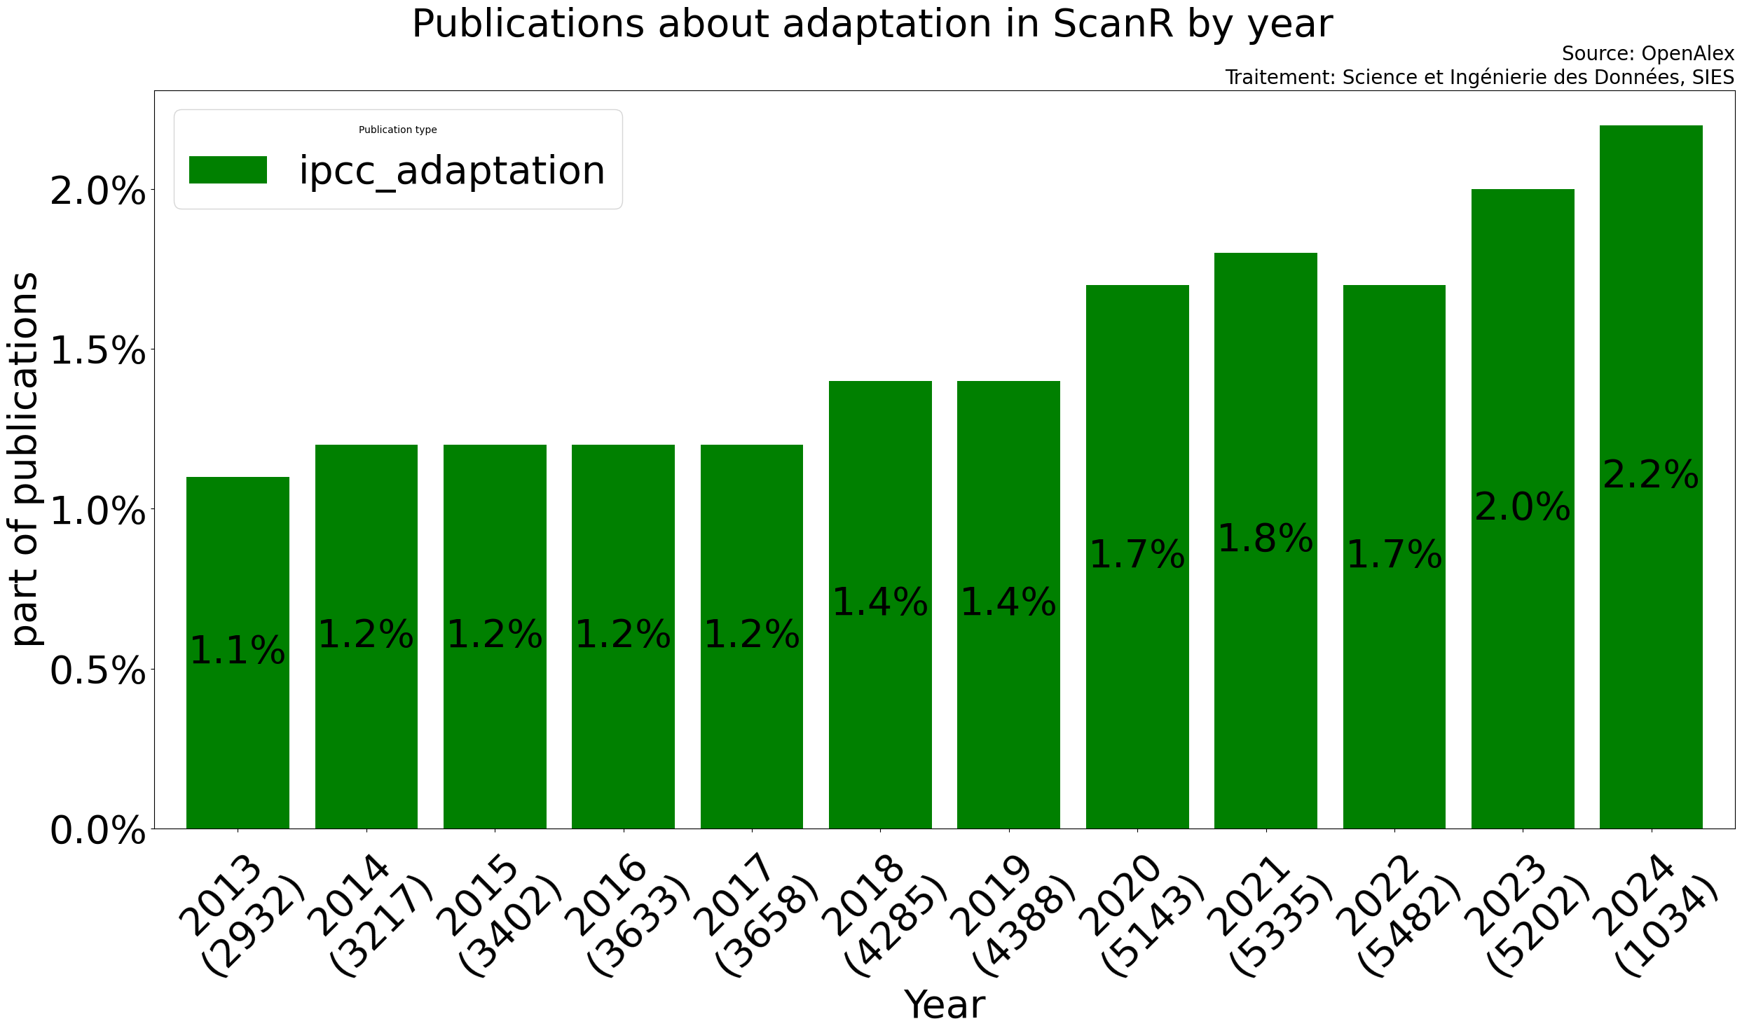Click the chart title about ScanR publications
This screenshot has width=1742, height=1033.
872,25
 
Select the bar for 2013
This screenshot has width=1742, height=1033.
238,700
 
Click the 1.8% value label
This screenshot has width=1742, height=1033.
1266,539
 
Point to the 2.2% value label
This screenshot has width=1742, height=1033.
1651,476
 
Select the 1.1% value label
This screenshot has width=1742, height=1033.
238,651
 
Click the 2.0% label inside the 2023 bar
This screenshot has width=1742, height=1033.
1523,507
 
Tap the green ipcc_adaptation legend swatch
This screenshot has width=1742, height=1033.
228,170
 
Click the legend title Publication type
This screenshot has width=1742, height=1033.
397,130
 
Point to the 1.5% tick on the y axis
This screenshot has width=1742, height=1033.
97,350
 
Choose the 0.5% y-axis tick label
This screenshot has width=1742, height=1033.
97,671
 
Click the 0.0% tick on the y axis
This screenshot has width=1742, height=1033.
97,831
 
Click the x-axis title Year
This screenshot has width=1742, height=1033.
945,1005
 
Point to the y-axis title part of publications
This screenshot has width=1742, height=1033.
25,459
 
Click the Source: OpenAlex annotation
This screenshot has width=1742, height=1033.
1647,54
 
